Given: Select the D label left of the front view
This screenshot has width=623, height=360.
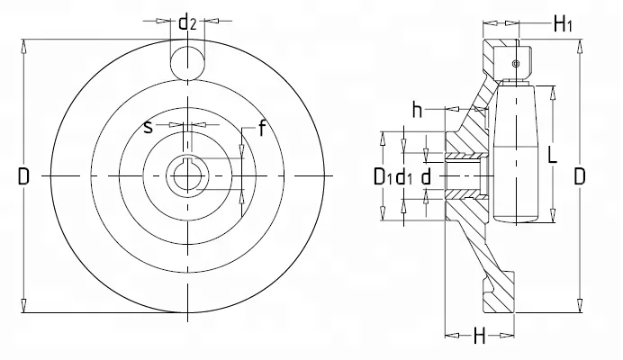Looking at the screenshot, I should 23,176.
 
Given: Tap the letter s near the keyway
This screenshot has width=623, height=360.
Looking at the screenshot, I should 149,127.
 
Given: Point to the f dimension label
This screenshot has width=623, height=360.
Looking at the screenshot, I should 261,128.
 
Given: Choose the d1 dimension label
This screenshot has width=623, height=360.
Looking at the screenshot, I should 405,176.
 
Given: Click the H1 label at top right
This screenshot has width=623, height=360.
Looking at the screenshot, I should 563,24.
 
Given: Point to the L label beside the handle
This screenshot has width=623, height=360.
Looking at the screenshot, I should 552,154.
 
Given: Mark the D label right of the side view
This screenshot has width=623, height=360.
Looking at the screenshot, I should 580,176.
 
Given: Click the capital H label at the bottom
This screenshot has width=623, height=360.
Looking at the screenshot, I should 480,337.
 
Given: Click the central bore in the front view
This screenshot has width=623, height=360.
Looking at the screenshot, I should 187,175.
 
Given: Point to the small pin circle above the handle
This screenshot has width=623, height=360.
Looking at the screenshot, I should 515,64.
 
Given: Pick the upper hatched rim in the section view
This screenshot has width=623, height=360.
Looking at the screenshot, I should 498,58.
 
